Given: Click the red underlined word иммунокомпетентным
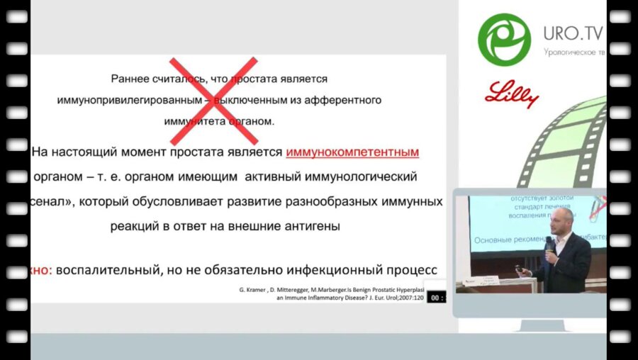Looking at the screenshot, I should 352,152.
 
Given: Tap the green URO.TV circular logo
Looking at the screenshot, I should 504,40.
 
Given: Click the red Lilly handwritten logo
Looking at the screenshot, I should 512,94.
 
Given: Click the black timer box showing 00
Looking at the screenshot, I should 436,298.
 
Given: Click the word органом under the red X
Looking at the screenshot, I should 249,121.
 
